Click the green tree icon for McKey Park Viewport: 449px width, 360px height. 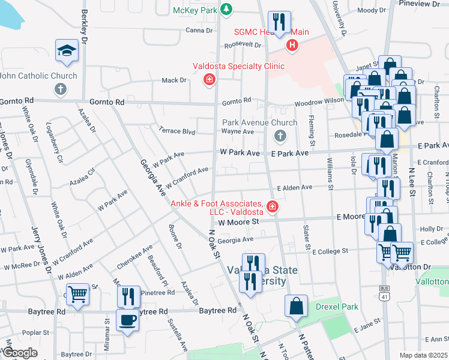coord(226,9)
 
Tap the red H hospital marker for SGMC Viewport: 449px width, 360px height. coord(292,44)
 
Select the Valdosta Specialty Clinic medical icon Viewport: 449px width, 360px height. coord(209,79)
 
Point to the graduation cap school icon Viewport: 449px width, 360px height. coord(67,52)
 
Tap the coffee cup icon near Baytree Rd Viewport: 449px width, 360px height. coord(127,320)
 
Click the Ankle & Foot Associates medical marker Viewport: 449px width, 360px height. coord(273,207)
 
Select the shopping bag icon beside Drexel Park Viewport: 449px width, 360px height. coord(297,306)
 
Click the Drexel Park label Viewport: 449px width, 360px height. coord(337,307)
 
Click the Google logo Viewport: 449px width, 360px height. coord(20,352)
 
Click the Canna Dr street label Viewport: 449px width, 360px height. coord(199,30)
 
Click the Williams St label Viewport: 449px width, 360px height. coord(330,175)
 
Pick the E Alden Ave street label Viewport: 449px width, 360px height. coord(294,187)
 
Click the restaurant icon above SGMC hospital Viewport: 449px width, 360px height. coord(279,23)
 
